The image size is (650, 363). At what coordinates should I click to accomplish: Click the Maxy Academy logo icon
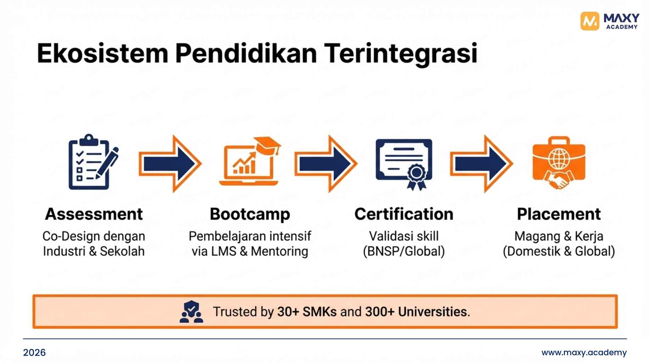[x=589, y=21]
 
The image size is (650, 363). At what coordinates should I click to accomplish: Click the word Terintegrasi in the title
[x=401, y=54]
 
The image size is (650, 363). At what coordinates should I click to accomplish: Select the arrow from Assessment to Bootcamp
[x=170, y=164]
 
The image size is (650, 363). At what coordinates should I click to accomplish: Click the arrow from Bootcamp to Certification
[x=326, y=164]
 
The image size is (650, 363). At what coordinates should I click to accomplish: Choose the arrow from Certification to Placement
[x=481, y=164]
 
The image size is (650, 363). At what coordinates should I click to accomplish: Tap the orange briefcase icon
[x=559, y=163]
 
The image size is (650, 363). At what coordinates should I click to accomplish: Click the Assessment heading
[x=94, y=214]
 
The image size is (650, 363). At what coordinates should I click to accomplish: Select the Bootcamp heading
[x=250, y=214]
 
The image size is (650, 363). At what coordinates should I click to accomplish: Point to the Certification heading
[x=404, y=214]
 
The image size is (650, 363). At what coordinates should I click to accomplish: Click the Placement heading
[x=559, y=214]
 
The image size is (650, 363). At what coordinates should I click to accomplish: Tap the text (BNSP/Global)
[x=404, y=251]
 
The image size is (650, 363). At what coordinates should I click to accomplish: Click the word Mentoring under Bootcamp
[x=280, y=251]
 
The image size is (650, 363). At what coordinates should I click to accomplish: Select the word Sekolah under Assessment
[x=122, y=251]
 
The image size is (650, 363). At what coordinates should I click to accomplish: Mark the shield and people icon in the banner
[x=191, y=312]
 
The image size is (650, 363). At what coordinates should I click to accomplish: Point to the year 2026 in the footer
[x=34, y=352]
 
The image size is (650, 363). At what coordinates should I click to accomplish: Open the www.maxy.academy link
[x=584, y=352]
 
